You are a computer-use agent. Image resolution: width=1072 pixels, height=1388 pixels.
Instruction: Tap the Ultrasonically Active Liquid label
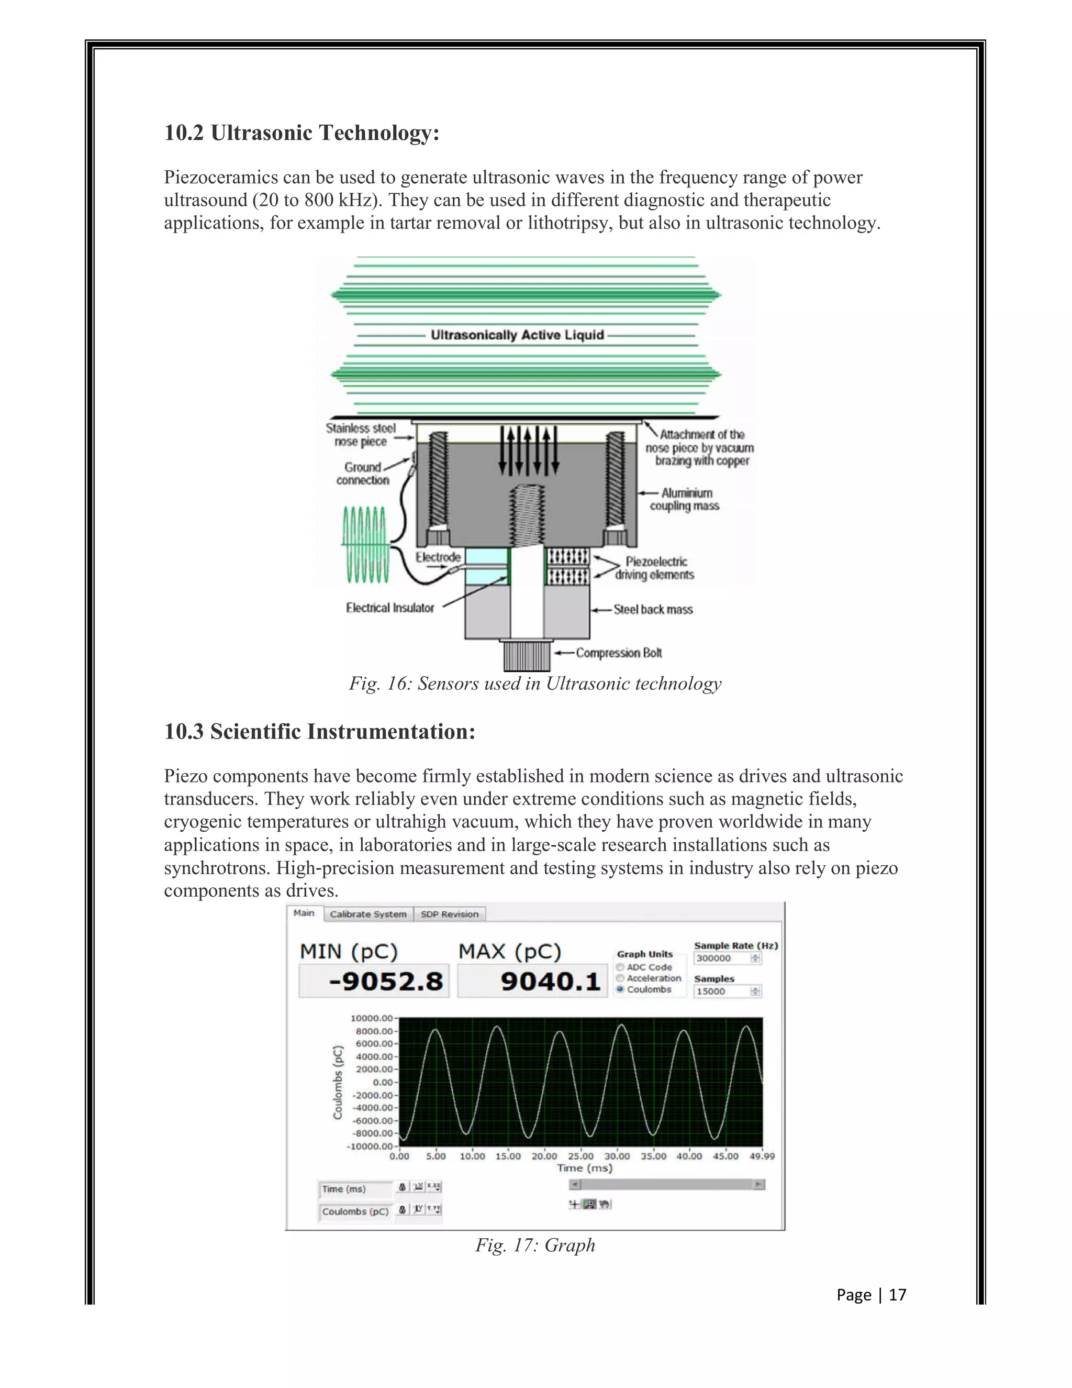pos(517,335)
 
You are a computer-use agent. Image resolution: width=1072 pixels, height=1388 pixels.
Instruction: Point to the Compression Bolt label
pos(619,653)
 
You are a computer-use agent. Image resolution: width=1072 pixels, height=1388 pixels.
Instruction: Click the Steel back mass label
pos(653,610)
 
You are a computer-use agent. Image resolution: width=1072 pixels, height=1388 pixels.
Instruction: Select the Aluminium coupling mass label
pos(685,500)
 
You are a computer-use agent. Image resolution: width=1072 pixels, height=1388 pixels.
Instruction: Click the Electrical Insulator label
pos(390,608)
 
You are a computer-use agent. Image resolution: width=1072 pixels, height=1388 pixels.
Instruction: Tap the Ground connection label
pos(363,473)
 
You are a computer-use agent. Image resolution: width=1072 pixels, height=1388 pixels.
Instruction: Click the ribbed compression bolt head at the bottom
pos(527,656)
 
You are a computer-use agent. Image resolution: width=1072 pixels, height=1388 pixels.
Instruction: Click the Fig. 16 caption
pos(535,684)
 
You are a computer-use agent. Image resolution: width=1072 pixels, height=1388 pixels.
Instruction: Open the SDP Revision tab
pos(449,914)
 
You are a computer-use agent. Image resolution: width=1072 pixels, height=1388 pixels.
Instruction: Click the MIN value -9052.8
pos(385,981)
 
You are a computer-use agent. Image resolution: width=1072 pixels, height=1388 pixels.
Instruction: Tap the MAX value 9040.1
pos(550,981)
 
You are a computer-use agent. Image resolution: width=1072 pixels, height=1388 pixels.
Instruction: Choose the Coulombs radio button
pos(620,989)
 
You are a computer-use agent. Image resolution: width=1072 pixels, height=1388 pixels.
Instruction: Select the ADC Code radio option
pos(620,967)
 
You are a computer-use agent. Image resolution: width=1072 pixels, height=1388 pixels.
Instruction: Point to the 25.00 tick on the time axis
pos(580,1156)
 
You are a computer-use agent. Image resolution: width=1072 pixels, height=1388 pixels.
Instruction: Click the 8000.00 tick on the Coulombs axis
pos(373,1031)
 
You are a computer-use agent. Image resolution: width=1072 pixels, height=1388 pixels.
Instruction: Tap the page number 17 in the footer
pos(897,1295)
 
